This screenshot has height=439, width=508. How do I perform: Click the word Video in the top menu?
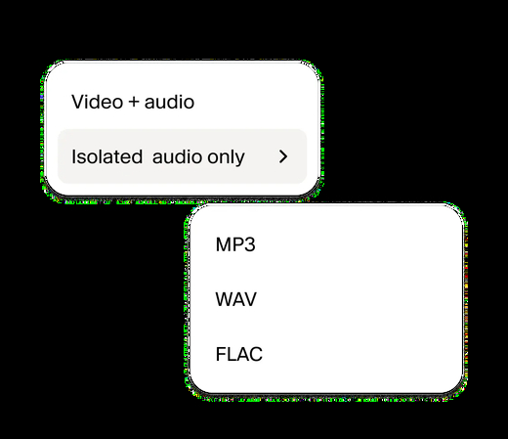[x=97, y=102]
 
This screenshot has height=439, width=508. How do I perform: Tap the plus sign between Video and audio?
[x=134, y=103]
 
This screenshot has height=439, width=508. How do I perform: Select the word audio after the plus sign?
[x=169, y=102]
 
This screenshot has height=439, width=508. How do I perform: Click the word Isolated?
[x=106, y=156]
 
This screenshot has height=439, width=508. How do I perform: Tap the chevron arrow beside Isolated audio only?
[x=283, y=156]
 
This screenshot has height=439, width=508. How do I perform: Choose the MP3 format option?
[x=235, y=244]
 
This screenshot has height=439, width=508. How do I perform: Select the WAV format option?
[x=236, y=299]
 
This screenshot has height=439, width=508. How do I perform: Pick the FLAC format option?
[x=239, y=354]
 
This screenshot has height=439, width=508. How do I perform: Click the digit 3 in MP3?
[x=250, y=244]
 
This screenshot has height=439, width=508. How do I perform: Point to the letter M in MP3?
[x=223, y=244]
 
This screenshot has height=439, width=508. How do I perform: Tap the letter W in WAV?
[x=225, y=299]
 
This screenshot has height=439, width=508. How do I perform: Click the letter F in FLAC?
[x=221, y=354]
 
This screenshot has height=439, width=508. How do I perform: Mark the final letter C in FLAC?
[x=256, y=354]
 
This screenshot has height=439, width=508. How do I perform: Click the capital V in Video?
[x=78, y=102]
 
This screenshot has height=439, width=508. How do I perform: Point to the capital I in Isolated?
[x=73, y=156]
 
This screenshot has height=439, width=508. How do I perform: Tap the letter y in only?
[x=240, y=159]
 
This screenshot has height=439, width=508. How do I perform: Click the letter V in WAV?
[x=250, y=299]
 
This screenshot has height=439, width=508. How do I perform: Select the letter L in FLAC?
[x=230, y=354]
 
